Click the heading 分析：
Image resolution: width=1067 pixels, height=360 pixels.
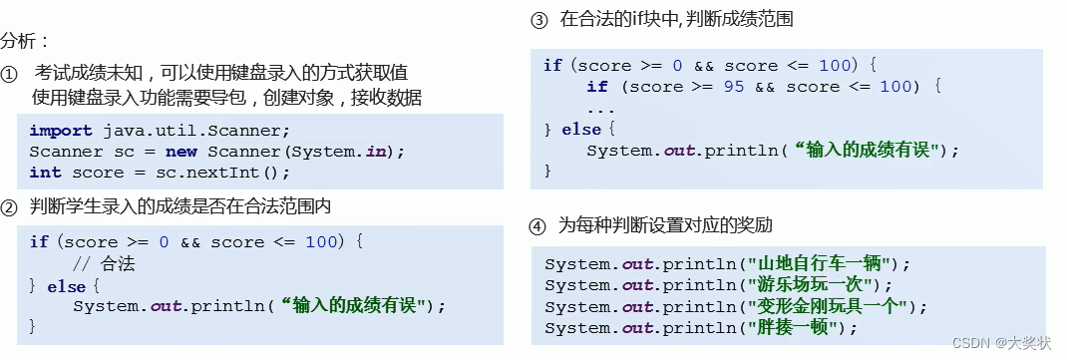[25, 42]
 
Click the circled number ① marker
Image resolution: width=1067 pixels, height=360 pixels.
[10, 75]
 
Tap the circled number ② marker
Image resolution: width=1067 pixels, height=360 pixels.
[10, 207]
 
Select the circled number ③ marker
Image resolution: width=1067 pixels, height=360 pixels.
[538, 20]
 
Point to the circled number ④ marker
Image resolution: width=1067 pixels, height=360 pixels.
[538, 225]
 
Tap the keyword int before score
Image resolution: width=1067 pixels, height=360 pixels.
[44, 173]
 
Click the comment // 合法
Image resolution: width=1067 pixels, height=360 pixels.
[105, 264]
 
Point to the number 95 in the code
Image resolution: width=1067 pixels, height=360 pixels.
[734, 87]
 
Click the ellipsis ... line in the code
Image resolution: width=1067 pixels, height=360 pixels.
[600, 109]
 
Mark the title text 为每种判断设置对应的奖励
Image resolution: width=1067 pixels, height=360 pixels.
[665, 225]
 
